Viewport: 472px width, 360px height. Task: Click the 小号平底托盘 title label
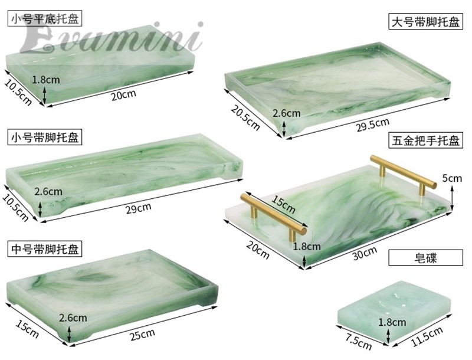click(x=45, y=19)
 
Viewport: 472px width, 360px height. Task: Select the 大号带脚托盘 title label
click(x=425, y=21)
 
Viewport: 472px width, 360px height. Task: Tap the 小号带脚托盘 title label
click(x=45, y=138)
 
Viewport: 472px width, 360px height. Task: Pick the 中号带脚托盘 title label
click(x=45, y=249)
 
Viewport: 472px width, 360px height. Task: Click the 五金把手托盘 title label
click(x=425, y=140)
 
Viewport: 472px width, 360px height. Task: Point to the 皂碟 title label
click(x=425, y=258)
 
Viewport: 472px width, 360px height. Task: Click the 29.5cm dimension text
click(x=373, y=125)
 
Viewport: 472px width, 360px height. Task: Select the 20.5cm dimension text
click(x=245, y=117)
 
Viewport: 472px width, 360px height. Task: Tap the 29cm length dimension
click(x=139, y=208)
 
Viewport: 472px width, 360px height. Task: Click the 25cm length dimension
click(x=142, y=335)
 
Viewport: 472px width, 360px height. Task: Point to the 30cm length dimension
click(x=365, y=253)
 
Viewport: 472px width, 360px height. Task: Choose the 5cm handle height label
click(x=452, y=178)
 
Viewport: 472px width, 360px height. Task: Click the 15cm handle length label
click(x=283, y=203)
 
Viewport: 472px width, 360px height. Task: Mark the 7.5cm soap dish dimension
click(x=358, y=341)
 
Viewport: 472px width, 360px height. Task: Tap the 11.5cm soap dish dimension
click(x=427, y=336)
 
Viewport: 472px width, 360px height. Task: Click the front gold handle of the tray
click(x=273, y=215)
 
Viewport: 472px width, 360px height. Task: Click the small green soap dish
click(x=394, y=312)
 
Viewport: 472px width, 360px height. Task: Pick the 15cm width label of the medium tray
click(x=27, y=329)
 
